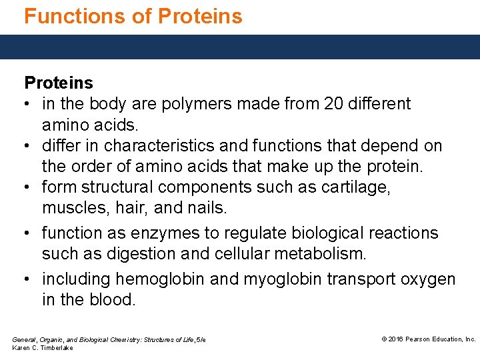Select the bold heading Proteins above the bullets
tap(59, 83)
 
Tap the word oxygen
tap(427, 279)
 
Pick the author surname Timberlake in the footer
tap(56, 348)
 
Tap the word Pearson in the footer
tap(421, 339)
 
